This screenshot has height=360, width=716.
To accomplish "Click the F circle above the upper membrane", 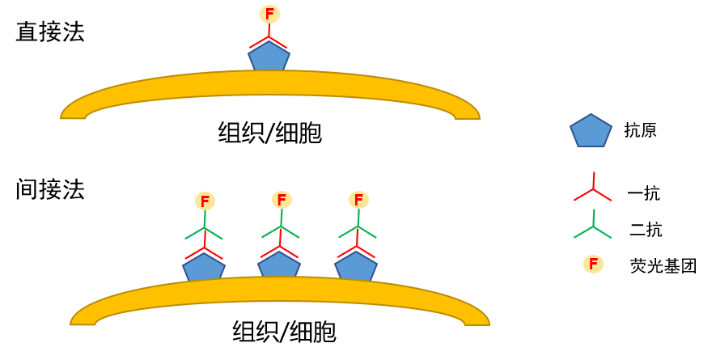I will click(269, 14).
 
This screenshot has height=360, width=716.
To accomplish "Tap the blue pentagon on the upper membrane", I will click(269, 57).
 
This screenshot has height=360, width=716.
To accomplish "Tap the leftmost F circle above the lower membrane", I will click(205, 201).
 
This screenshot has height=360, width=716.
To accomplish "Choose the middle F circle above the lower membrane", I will click(281, 199).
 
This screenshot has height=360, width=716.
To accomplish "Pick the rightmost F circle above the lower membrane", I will click(358, 199).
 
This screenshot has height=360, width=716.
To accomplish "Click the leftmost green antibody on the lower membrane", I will click(204, 231).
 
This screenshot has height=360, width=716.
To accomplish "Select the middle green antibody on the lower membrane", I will click(281, 229).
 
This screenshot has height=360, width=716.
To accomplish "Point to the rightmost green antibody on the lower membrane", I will click(358, 229).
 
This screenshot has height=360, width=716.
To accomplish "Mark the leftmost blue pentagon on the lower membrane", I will click(204, 268).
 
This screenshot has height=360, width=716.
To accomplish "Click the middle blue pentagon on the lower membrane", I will click(279, 265).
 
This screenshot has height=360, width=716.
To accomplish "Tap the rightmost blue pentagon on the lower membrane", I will click(356, 266).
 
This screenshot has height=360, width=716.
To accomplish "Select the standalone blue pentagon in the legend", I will click(591, 131).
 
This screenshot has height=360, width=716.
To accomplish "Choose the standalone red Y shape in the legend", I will click(593, 190).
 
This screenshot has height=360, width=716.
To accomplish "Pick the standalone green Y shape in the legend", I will click(593, 227).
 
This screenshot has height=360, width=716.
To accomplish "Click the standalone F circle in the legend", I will click(593, 264).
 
